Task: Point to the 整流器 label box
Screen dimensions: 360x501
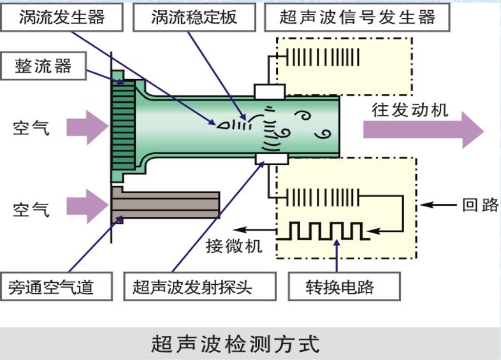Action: click(x=43, y=66)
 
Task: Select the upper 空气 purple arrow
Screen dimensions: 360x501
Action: click(x=93, y=127)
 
